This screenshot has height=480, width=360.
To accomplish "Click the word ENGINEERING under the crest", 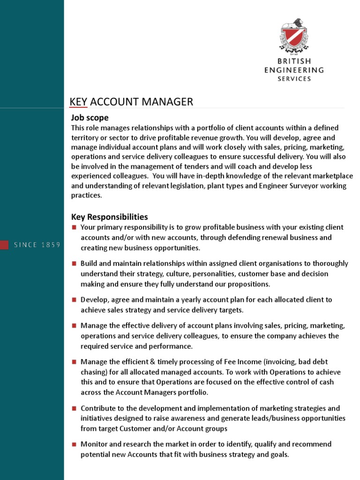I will click(x=294, y=70).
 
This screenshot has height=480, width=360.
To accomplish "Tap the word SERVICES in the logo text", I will click(x=294, y=79).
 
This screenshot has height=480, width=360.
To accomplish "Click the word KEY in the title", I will click(x=78, y=102).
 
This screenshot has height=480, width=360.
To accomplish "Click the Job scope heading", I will click(x=90, y=118).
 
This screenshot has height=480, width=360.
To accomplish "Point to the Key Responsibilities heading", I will click(x=109, y=217).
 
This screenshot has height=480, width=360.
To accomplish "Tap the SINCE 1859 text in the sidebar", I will click(x=37, y=245).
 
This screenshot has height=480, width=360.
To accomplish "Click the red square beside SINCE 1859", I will click(x=4, y=245).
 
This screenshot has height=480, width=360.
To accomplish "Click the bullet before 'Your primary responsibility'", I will click(x=74, y=227).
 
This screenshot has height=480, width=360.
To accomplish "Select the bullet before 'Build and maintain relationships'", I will click(x=74, y=263).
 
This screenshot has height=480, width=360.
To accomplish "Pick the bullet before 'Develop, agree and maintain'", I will click(x=74, y=300).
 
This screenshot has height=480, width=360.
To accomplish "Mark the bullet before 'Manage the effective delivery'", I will click(x=74, y=325).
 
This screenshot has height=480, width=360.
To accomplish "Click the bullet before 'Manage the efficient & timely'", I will click(x=74, y=361).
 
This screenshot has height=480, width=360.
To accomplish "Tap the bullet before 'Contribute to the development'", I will click(x=74, y=408).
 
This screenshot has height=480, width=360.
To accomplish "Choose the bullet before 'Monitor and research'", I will click(x=74, y=444).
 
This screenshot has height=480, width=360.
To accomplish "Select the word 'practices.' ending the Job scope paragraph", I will click(x=86, y=195).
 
